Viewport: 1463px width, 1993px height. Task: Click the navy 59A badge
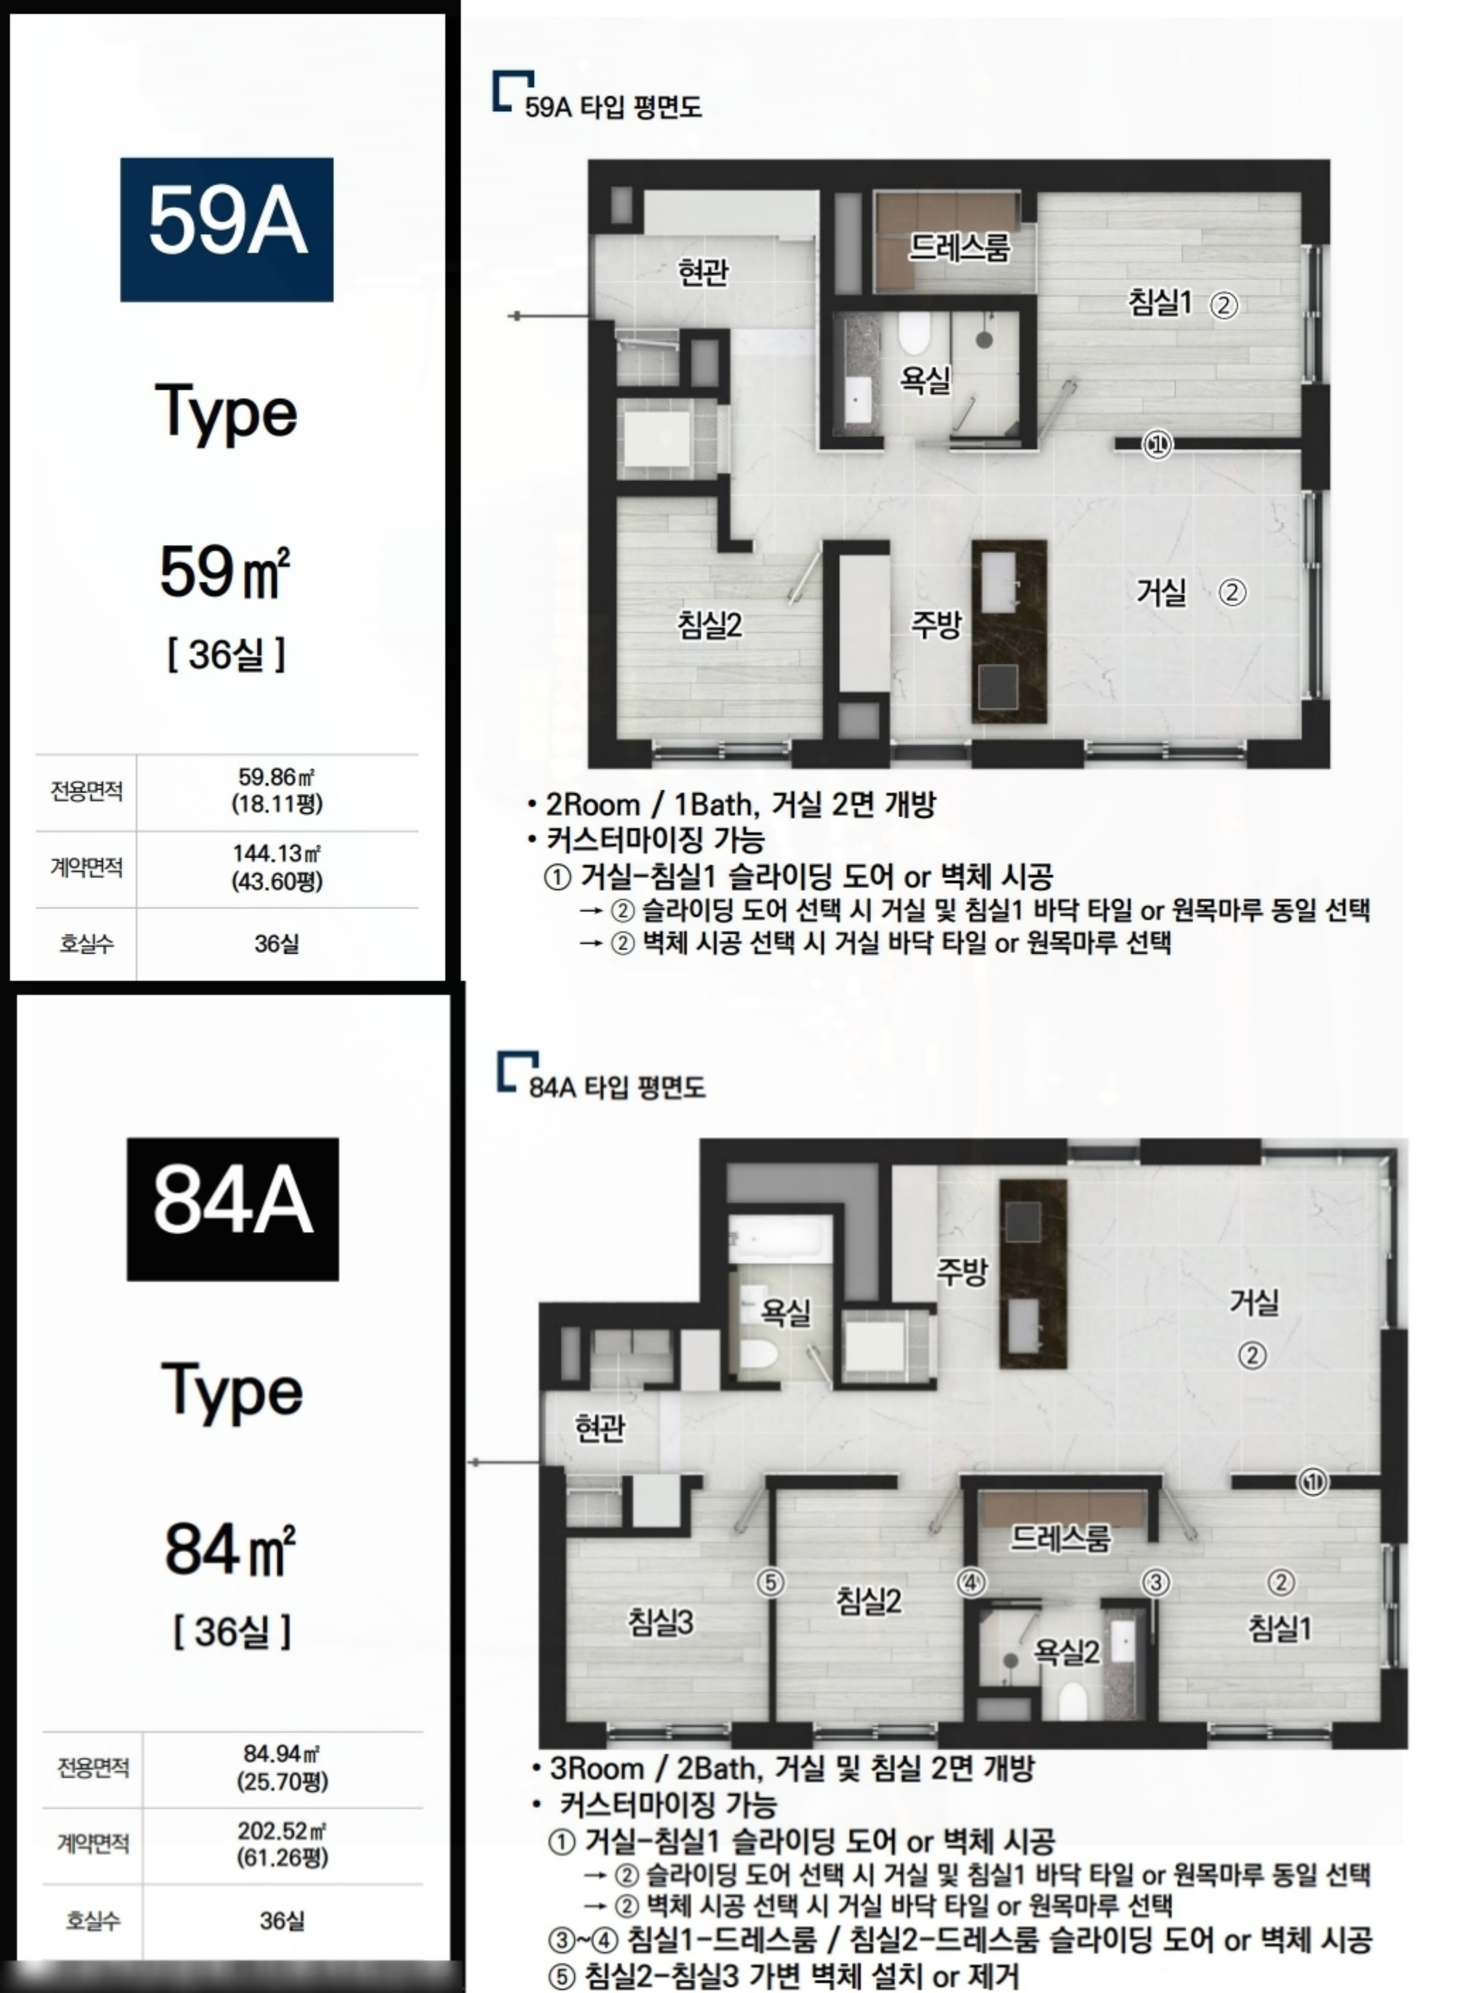coord(227,229)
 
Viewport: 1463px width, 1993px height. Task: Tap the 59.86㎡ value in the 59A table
coord(277,791)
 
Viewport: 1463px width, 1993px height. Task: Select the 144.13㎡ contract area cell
coord(277,867)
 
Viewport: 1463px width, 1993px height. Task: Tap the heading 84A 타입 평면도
coord(617,1087)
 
